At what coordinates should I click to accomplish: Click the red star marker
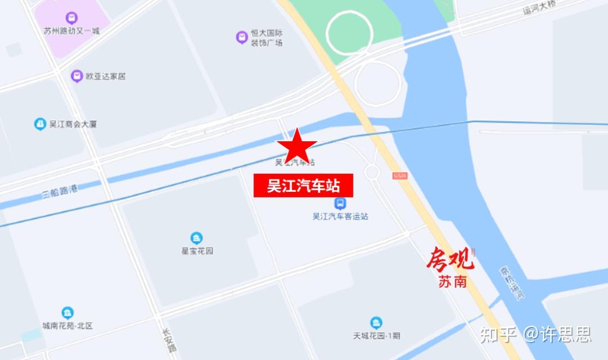(x=296, y=146)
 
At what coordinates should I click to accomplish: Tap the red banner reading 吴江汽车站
(x=303, y=185)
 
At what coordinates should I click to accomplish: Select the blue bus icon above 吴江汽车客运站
(x=340, y=204)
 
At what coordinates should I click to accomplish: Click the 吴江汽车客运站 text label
(x=340, y=217)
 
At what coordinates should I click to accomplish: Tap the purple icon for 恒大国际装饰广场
(x=242, y=38)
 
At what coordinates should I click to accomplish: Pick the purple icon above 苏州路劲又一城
(x=71, y=18)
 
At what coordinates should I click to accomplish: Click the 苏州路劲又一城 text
(x=71, y=31)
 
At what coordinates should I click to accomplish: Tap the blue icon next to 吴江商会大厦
(x=40, y=124)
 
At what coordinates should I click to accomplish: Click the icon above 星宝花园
(x=196, y=238)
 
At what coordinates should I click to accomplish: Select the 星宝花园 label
(x=196, y=251)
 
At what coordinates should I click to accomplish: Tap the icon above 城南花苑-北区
(x=68, y=313)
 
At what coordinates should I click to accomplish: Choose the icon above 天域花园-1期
(x=377, y=323)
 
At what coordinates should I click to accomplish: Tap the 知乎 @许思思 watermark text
(x=535, y=335)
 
